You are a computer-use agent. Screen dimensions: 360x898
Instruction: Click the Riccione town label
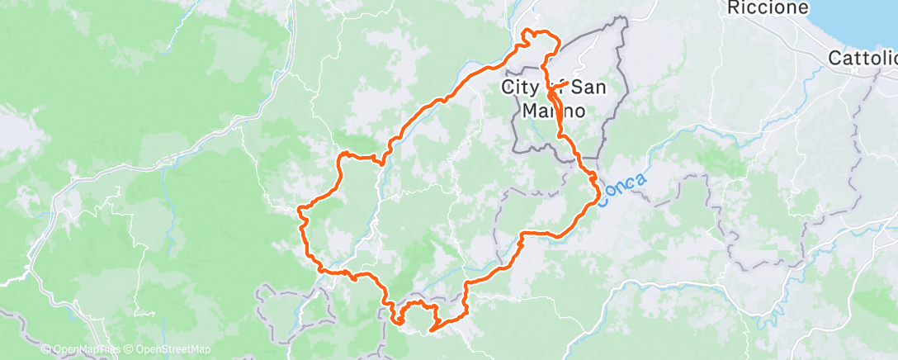(x=755, y=8)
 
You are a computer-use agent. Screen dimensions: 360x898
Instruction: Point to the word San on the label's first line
(x=592, y=86)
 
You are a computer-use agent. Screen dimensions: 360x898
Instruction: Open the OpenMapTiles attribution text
(x=83, y=350)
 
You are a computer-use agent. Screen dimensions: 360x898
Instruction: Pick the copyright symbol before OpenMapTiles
(x=46, y=350)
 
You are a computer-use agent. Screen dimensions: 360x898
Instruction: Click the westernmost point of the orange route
(x=300, y=210)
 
